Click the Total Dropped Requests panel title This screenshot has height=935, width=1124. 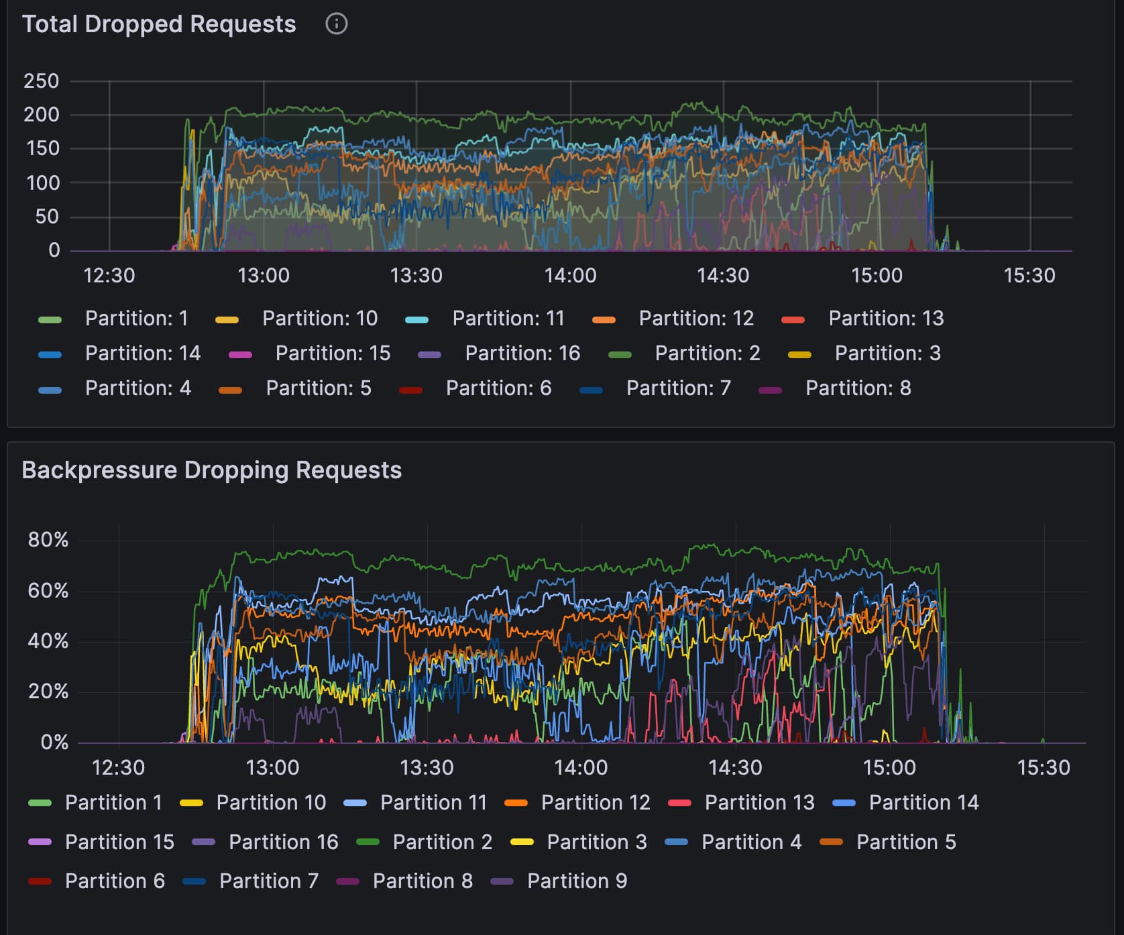[159, 24]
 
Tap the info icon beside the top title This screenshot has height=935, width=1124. [336, 24]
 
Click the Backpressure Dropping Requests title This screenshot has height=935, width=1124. [211, 470]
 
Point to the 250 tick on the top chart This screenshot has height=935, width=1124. [42, 81]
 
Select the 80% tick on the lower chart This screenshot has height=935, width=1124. [48, 540]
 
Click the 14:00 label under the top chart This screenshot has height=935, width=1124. [570, 276]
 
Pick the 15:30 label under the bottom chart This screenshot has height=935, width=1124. [1044, 767]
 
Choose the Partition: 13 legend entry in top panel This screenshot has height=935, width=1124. [885, 319]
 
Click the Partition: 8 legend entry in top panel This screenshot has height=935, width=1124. [858, 388]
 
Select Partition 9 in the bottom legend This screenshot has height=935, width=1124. [577, 881]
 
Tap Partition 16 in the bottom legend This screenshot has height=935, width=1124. [283, 842]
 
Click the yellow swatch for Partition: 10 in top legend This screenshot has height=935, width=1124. [227, 320]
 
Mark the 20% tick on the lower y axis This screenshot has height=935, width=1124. [48, 692]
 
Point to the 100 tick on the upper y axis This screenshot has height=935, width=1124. [43, 182]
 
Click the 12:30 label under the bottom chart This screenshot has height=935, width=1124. [118, 767]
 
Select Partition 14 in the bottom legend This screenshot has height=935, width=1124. [923, 803]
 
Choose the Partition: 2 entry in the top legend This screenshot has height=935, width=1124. [707, 353]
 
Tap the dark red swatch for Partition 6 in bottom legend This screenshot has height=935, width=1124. [40, 881]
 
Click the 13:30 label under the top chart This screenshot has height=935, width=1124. [416, 276]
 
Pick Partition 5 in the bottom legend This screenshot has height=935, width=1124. [905, 842]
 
